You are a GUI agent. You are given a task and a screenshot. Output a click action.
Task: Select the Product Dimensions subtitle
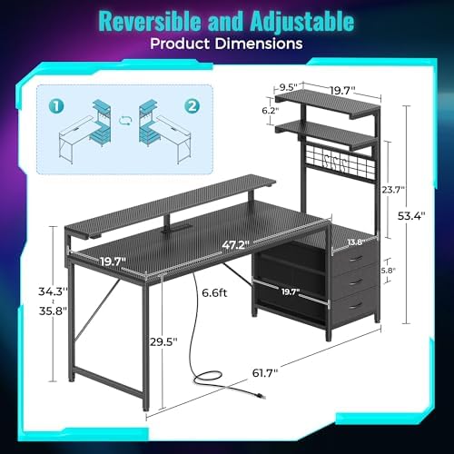click(226, 43)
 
